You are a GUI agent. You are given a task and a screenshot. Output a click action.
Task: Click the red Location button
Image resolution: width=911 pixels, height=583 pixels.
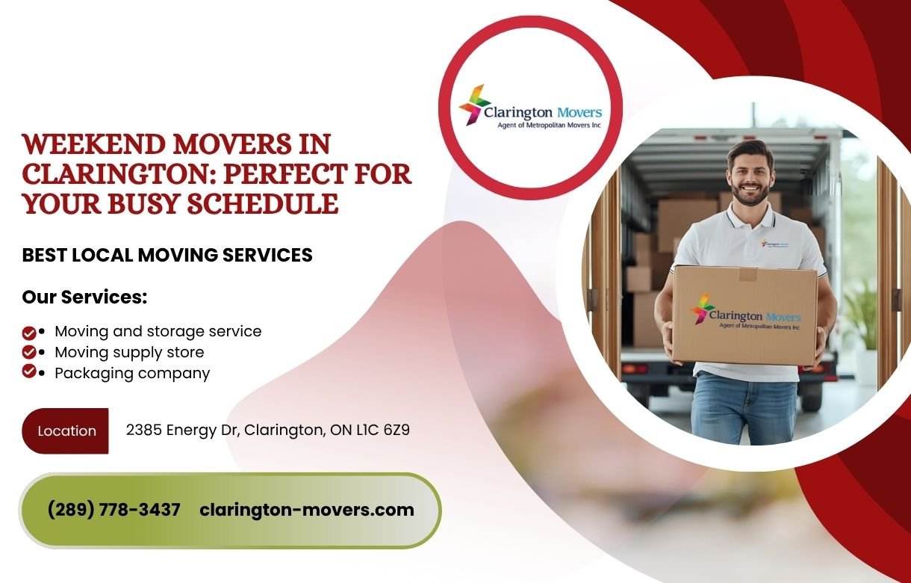(x=66, y=431)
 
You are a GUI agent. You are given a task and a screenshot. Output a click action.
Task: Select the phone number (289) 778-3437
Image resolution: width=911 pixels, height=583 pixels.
(x=114, y=510)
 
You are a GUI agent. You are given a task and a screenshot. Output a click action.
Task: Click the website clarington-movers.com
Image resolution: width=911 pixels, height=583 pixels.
(x=307, y=510)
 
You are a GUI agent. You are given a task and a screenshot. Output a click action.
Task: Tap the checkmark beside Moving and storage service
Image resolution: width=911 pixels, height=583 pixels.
(x=29, y=332)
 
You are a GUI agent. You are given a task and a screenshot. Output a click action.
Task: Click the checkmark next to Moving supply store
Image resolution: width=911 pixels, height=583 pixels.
(x=29, y=351)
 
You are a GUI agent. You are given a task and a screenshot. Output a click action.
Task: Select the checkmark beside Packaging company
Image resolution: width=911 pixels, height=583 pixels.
(x=29, y=371)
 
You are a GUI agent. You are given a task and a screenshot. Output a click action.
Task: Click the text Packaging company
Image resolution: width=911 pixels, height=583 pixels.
(x=132, y=372)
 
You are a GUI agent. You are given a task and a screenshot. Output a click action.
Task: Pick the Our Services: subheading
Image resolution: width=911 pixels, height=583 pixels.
(x=84, y=297)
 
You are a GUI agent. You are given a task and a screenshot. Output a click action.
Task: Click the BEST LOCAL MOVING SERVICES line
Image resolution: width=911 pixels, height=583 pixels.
(x=167, y=255)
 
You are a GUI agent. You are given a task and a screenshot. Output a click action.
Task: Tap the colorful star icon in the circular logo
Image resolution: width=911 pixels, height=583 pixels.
(x=473, y=105)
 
